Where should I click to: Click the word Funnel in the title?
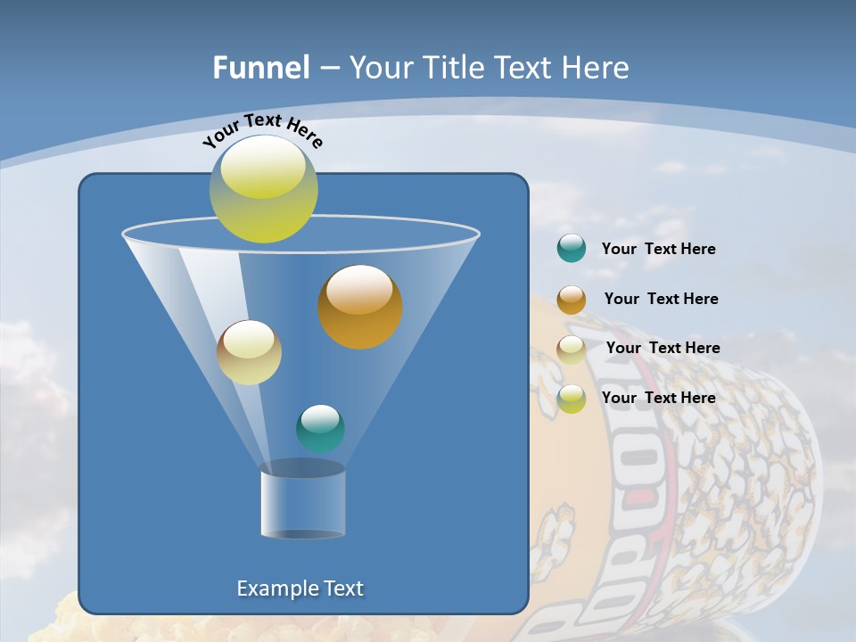[x=260, y=68]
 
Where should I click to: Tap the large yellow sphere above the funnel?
[x=264, y=189]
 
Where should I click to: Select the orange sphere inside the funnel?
[x=360, y=308]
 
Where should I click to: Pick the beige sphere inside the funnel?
[x=249, y=352]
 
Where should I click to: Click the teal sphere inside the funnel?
[x=320, y=429]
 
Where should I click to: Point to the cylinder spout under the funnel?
[x=302, y=503]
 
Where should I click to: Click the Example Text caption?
[x=300, y=588]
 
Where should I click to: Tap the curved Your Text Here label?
[x=262, y=130]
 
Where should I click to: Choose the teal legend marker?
[x=572, y=249]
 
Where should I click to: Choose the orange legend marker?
[x=572, y=299]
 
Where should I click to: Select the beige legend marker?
[x=572, y=349]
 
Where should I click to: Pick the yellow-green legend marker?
[x=572, y=399]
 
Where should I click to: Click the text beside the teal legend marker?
[x=658, y=250]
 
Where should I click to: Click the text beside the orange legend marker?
[x=661, y=299]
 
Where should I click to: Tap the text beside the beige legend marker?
[x=663, y=348]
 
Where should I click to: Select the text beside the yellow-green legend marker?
[x=658, y=398]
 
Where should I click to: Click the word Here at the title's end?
[x=598, y=68]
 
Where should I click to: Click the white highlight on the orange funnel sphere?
[x=359, y=290]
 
